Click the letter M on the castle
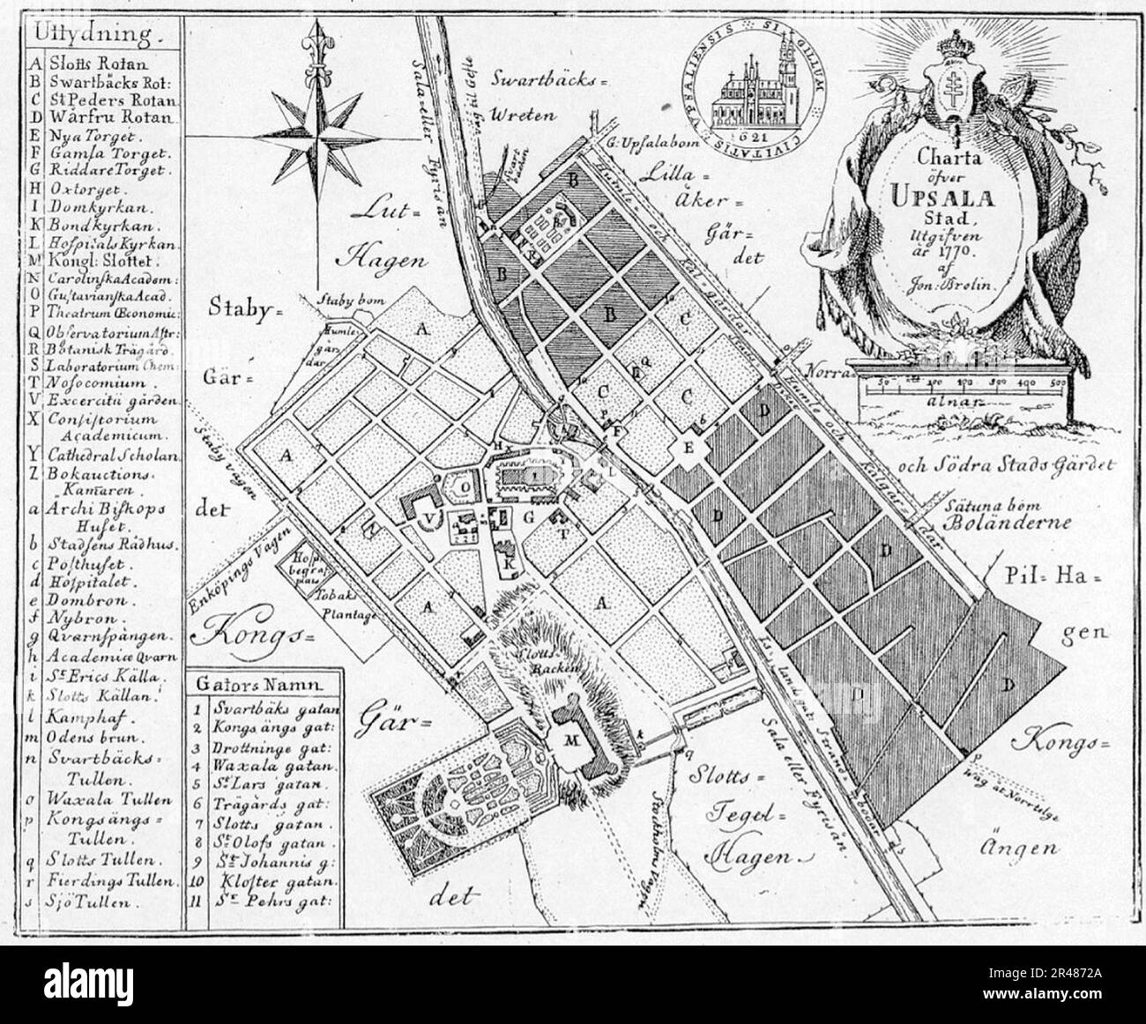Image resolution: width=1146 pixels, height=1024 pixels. click(569, 741)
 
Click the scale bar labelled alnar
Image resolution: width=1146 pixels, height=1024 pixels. click(964, 384)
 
